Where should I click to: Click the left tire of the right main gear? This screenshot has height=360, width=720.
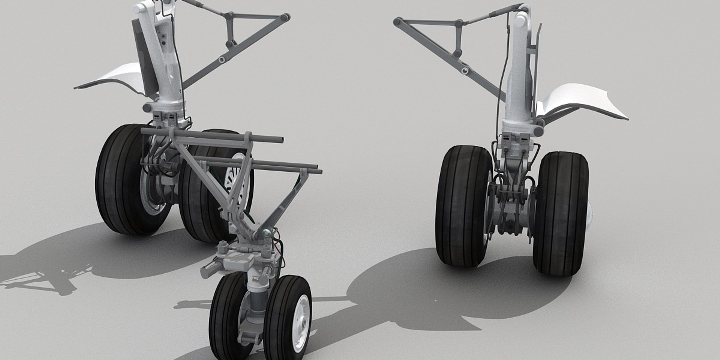[x=465, y=206]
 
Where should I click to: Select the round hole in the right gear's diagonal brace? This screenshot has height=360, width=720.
[x=465, y=70]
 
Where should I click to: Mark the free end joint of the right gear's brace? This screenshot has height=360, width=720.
[x=397, y=22]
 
